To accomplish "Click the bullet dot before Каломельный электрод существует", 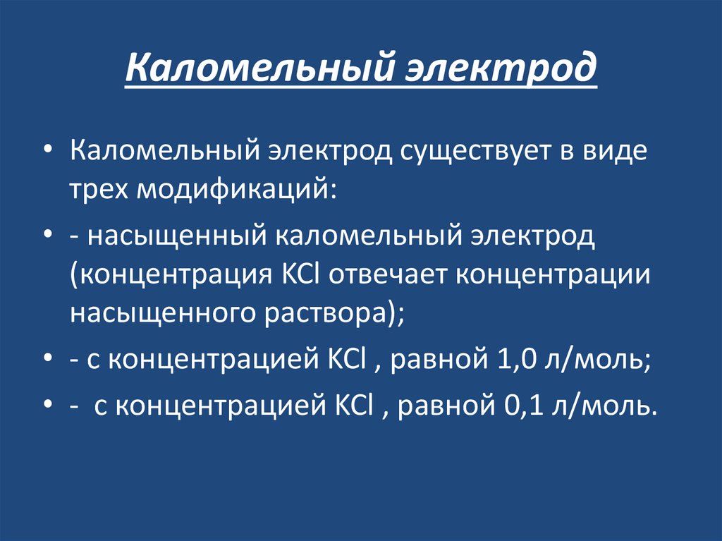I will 47,152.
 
